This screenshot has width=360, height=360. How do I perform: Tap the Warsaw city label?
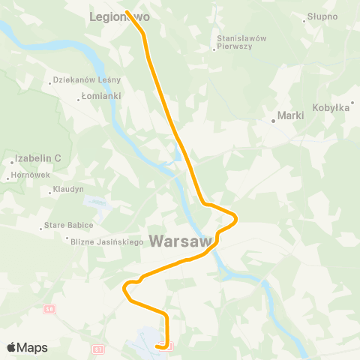pyautogui.click(x=181, y=241)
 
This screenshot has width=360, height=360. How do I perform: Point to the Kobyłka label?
pyautogui.click(x=333, y=108)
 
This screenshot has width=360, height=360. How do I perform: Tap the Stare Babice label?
pyautogui.click(x=70, y=225)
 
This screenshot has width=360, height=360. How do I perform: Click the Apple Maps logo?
pyautogui.click(x=26, y=347)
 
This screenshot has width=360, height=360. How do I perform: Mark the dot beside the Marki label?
pyautogui.click(x=274, y=120)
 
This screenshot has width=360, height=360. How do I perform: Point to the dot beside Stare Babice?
pyautogui.click(x=41, y=229)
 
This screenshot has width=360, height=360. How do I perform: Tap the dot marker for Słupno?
pyautogui.click(x=304, y=20)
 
